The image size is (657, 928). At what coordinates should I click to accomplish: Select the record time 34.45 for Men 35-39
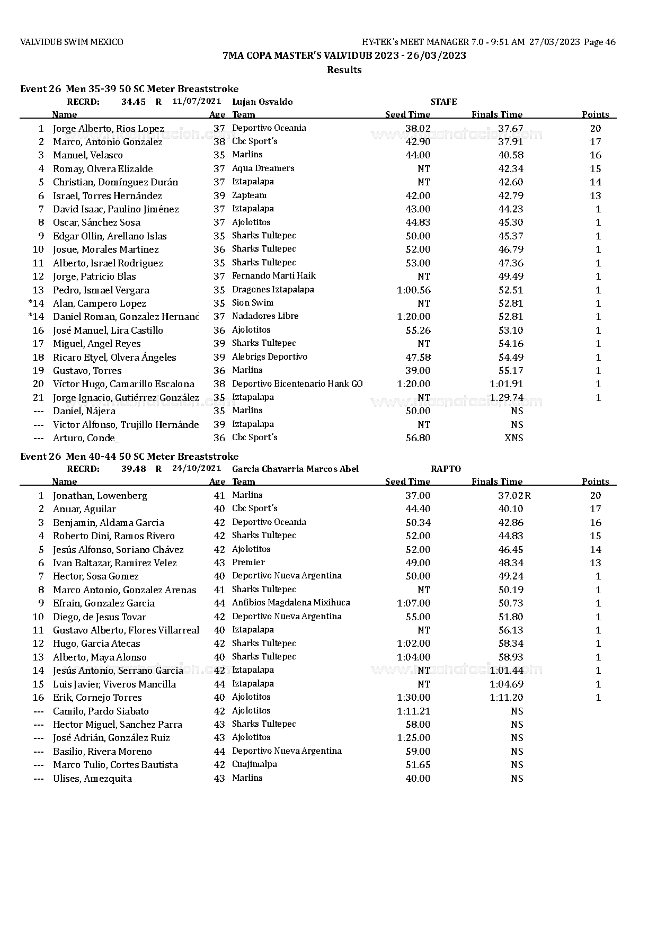click(133, 102)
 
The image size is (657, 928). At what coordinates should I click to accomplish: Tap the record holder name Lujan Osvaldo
click(262, 102)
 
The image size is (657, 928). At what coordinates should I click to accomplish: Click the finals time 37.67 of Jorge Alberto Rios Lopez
click(510, 129)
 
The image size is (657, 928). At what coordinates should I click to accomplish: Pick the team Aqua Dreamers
click(263, 168)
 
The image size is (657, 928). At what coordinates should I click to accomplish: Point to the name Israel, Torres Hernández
click(107, 196)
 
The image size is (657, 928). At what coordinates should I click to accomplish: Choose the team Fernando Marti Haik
click(273, 276)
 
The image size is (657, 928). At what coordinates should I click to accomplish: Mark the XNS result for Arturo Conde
click(513, 438)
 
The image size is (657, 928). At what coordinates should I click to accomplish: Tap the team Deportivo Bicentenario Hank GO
click(297, 384)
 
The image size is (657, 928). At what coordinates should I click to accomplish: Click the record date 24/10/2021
click(196, 469)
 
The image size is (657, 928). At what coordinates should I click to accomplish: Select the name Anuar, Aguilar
click(84, 509)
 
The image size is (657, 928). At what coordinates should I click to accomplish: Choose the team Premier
click(248, 563)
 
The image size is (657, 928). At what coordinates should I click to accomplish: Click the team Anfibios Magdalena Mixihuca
click(291, 603)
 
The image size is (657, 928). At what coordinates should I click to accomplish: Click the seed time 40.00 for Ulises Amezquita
click(418, 779)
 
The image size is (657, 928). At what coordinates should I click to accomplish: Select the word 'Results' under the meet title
click(344, 70)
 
